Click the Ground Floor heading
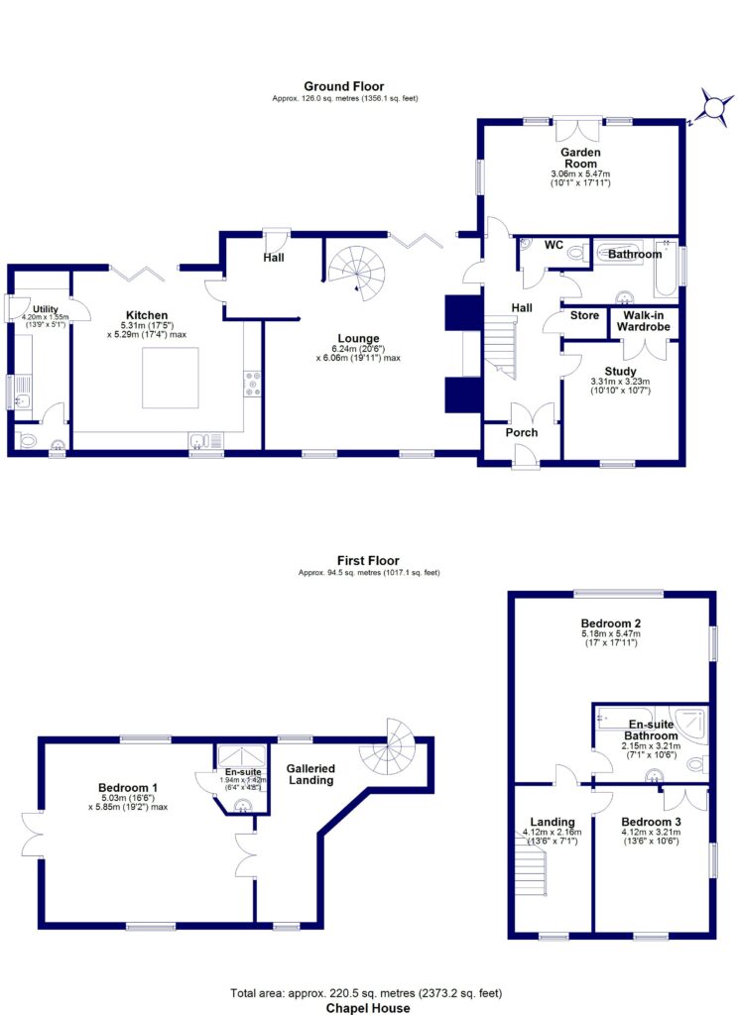point(344,86)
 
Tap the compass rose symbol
point(714,105)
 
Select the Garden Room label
point(580,158)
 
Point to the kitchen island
point(171,378)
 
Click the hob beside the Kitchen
point(252,384)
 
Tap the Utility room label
point(46,309)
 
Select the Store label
point(584,315)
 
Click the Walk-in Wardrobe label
point(643,321)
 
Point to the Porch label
point(522,432)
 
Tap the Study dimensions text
point(620,386)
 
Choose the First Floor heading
point(368,561)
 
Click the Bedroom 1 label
point(128,788)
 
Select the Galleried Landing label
point(310,774)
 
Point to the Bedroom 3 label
point(651,822)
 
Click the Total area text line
point(366,993)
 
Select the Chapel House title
point(368,1008)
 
